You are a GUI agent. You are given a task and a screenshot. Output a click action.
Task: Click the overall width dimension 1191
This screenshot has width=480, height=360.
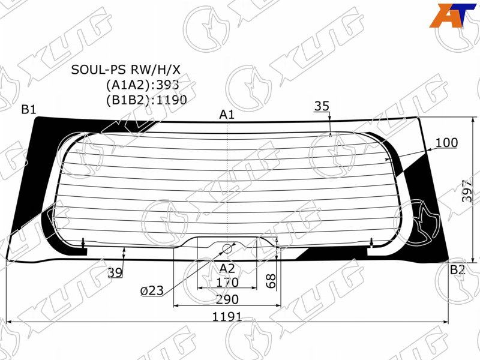tap(227, 317)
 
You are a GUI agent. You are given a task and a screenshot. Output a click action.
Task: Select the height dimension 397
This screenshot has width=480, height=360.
tap(467, 190)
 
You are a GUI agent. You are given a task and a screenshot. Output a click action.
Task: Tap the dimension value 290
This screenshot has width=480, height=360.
tap(227, 299)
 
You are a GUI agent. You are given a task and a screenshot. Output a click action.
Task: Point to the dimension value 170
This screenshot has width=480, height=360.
tap(227, 282)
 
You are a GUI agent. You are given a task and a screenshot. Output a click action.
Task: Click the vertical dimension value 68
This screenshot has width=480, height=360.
tap(271, 281)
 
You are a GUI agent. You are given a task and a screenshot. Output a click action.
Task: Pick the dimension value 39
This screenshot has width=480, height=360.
tap(115, 272)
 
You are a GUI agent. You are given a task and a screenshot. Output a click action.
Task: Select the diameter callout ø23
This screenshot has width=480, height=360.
tap(152, 290)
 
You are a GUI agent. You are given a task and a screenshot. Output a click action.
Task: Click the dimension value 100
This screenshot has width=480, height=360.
tap(446, 143)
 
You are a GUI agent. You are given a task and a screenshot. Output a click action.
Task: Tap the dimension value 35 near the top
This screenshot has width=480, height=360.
tap(322, 106)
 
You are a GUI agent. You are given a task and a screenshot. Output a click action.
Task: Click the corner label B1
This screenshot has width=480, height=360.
tap(29, 109)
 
